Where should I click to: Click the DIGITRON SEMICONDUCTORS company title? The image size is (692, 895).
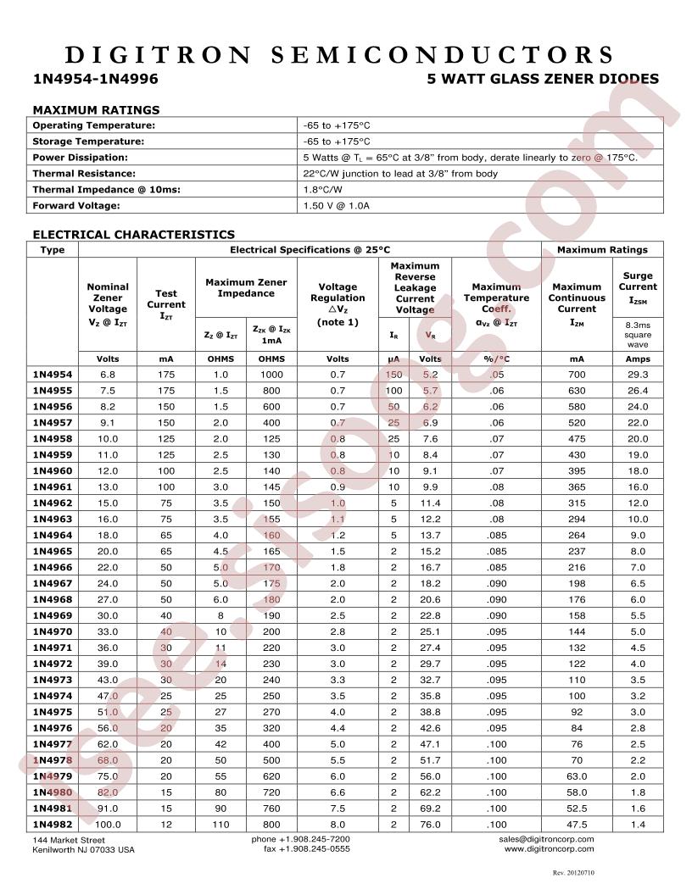point(339,55)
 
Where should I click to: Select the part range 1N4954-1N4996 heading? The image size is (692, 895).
point(95,79)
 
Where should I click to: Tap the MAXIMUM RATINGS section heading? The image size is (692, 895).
point(96,109)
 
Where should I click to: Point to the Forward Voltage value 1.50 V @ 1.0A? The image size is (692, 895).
point(337,205)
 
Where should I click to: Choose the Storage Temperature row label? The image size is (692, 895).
point(88,142)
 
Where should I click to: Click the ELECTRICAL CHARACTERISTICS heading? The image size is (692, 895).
point(133,234)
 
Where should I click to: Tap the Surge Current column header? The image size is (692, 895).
point(638,287)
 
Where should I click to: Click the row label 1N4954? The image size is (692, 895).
point(53,375)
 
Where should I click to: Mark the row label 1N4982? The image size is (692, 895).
point(53,824)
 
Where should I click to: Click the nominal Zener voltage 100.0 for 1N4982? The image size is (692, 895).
point(108,824)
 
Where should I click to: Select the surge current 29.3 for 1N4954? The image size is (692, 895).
point(638,375)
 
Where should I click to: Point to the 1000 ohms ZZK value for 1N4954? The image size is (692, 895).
point(272,375)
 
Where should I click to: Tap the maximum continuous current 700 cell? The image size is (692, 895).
point(577,375)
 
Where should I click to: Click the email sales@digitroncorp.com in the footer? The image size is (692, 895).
point(547,838)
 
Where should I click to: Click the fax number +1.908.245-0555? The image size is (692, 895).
point(301,848)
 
